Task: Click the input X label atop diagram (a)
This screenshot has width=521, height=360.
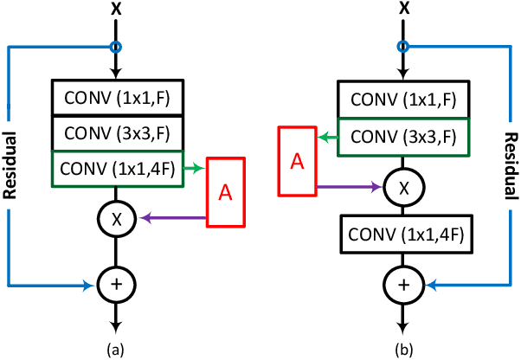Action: tap(115, 10)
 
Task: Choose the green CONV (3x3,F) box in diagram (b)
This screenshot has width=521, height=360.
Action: tap(403, 136)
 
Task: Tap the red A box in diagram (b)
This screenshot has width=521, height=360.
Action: tap(297, 160)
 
